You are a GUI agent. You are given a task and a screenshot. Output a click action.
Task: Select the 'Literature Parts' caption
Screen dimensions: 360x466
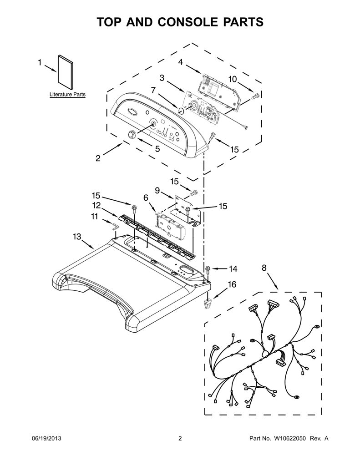[67, 95]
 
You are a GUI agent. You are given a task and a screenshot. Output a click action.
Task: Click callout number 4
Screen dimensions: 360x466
[180, 62]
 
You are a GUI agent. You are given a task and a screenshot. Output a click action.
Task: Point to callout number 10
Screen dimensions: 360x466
[233, 79]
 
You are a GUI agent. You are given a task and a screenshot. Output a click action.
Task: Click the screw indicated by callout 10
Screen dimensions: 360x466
[255, 96]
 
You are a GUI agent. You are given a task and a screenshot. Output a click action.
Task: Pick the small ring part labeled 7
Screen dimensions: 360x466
[181, 111]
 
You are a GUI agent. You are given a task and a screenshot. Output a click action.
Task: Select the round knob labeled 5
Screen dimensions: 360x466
[132, 134]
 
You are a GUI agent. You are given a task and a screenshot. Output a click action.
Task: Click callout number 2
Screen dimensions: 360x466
[98, 158]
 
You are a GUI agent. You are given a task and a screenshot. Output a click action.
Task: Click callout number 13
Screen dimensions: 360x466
[77, 237]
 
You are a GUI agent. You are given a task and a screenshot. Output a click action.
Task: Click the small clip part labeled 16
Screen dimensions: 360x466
[208, 304]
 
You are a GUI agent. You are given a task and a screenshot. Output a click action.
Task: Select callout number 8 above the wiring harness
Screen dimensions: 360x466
[264, 268]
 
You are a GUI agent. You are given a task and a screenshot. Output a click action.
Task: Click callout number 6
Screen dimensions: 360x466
[146, 198]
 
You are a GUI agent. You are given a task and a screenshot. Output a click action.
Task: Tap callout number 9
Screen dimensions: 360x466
[157, 190]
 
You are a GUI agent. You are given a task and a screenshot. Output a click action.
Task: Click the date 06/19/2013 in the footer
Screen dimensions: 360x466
[46, 438]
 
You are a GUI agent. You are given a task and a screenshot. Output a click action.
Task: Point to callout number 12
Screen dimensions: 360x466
[96, 205]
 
